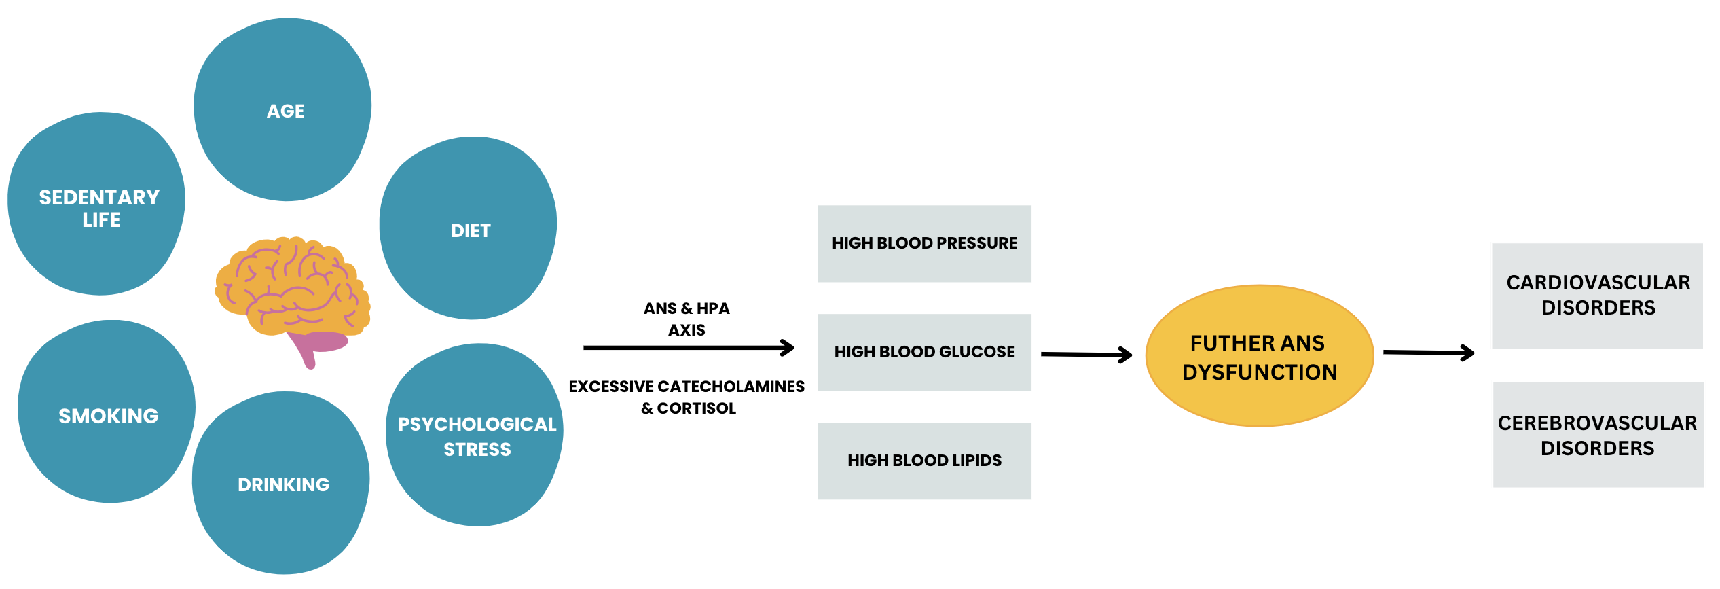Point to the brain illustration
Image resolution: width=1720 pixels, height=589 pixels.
click(x=292, y=289)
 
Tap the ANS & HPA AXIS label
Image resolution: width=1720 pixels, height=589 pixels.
click(x=687, y=319)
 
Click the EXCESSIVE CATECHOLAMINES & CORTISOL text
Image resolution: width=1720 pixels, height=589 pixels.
click(x=687, y=397)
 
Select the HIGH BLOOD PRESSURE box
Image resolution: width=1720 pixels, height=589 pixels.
click(x=924, y=243)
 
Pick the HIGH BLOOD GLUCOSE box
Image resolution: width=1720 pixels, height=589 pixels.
click(x=924, y=352)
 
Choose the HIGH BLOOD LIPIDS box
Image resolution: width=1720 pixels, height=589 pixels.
click(x=924, y=461)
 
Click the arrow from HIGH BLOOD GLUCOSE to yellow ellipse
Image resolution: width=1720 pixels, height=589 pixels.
click(x=1086, y=354)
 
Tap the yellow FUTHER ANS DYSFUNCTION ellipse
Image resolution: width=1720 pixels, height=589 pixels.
click(x=1260, y=356)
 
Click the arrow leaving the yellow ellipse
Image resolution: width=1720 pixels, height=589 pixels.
click(x=1428, y=353)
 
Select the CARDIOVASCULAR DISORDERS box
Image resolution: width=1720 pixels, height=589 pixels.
click(x=1597, y=296)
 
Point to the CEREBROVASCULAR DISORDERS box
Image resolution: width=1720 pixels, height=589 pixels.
click(x=1598, y=435)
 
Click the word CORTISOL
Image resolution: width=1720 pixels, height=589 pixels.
click(x=696, y=408)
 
